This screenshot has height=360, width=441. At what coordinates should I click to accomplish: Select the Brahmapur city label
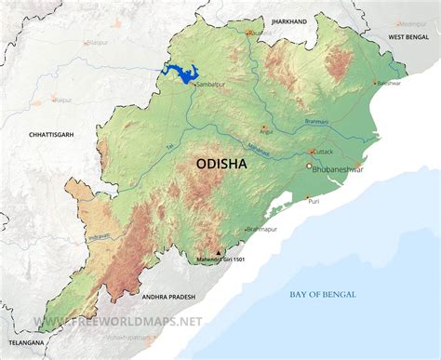coord(263,228)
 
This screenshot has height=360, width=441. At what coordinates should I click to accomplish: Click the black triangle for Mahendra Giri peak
coord(219,252)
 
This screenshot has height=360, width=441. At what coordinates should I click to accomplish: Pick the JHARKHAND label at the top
coord(288,20)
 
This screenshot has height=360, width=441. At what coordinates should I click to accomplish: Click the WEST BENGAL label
coord(408,35)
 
